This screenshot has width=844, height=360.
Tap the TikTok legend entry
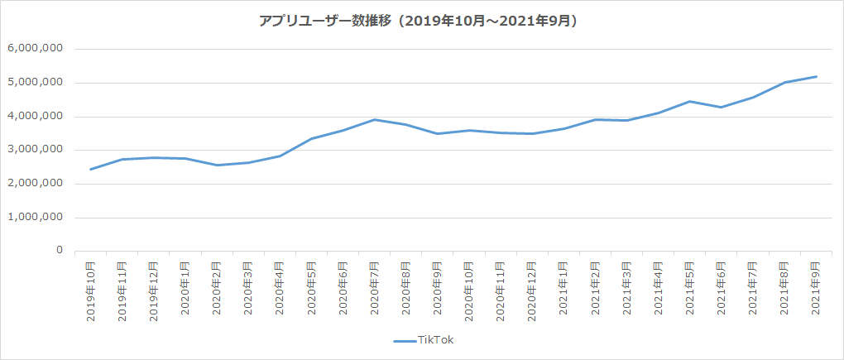coord(423,339)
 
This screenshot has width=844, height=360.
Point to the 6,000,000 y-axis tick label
coord(36,49)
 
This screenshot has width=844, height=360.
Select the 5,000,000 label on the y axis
coord(36,83)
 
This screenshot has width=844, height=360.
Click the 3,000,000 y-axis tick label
coord(36,150)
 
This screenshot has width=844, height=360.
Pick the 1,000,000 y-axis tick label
coord(36,218)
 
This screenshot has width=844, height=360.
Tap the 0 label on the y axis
coord(59,251)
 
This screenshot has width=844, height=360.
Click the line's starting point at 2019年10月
coord(90,170)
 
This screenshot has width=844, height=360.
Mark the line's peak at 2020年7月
coord(375,119)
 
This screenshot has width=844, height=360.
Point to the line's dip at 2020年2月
coord(217,165)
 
